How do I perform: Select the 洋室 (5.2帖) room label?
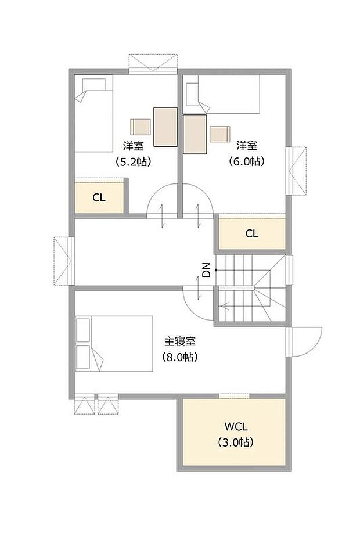(x=134, y=154)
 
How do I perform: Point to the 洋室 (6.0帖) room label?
(x=247, y=154)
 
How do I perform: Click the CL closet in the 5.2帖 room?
(x=99, y=197)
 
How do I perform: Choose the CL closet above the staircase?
(x=251, y=234)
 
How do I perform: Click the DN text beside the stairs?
(x=206, y=270)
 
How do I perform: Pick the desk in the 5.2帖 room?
(x=165, y=127)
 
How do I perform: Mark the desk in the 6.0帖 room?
(x=195, y=134)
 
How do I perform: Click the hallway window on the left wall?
(x=62, y=261)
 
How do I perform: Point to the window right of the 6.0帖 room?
(x=296, y=171)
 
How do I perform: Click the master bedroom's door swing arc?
(x=195, y=302)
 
